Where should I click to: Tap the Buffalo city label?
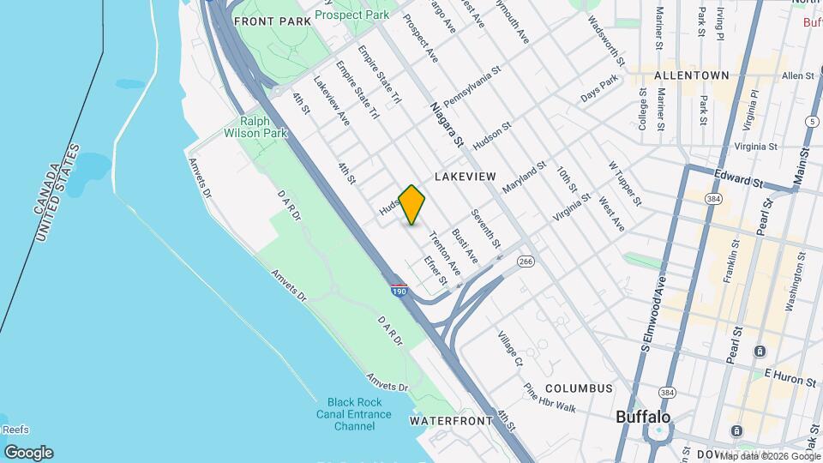pos(643,418)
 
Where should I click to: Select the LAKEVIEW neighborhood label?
pos(466,176)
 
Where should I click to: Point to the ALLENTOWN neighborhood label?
pos(691,75)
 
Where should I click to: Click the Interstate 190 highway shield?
pos(399,291)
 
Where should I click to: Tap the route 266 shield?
pos(526,262)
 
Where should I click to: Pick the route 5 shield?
pos(811,123)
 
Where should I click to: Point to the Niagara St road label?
pos(447,124)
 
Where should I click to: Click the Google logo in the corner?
pos(28,453)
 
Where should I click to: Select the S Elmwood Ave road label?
pos(652,316)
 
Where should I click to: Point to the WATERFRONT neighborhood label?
pos(451,421)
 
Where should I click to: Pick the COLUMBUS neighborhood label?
pos(580,388)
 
